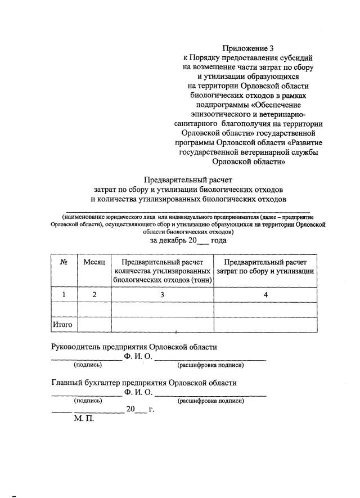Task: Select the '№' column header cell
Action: click(x=64, y=262)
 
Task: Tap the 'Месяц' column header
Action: click(x=94, y=262)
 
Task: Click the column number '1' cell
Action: click(x=64, y=294)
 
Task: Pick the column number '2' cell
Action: click(x=94, y=294)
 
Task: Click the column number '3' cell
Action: click(x=162, y=294)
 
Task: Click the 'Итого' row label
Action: click(x=64, y=325)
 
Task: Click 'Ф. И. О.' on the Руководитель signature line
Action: click(x=138, y=356)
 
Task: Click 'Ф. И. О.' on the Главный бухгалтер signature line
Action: click(x=138, y=392)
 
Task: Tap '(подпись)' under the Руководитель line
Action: click(x=87, y=365)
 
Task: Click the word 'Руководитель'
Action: click(x=78, y=347)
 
